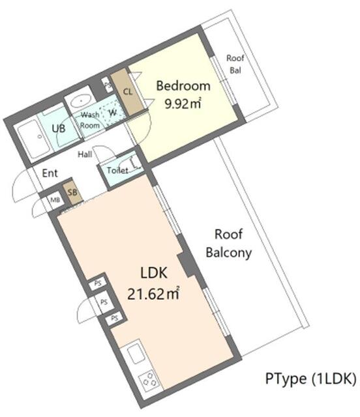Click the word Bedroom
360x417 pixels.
click(183, 85)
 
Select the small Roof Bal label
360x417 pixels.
click(235, 64)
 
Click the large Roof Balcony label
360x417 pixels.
click(229, 244)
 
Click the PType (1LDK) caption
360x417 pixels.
click(310, 379)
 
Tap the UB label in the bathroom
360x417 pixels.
click(58, 128)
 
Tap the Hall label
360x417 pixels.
click(85, 154)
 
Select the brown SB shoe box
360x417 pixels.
click(72, 193)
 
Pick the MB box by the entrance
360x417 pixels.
click(55, 200)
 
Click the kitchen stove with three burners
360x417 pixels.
click(149, 379)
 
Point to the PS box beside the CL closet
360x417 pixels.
click(108, 84)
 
